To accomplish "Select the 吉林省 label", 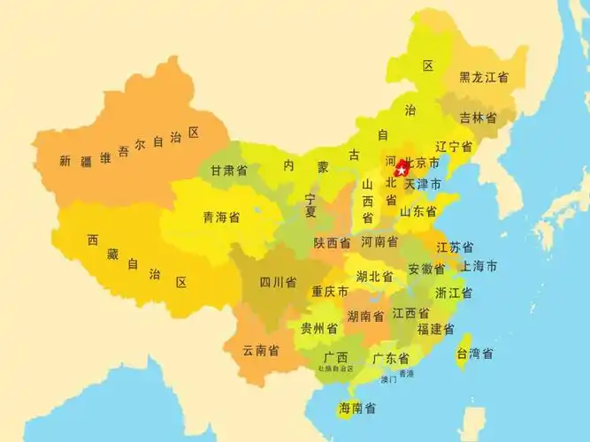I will click(478, 118).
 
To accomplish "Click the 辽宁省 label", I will click(454, 147).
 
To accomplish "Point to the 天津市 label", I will click(422, 184).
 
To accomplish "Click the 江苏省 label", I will click(455, 248).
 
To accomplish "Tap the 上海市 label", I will click(479, 266).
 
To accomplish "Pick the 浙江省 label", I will click(453, 293).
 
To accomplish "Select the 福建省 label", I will click(436, 329).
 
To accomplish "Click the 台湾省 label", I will click(475, 354).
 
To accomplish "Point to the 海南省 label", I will click(357, 408).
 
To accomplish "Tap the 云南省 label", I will click(261, 350).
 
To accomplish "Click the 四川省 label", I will click(278, 283).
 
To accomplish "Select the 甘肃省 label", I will click(229, 171).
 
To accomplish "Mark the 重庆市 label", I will click(329, 292).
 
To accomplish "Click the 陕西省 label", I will click(332, 242).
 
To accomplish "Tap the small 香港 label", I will click(406, 374).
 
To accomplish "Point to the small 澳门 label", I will click(388, 380).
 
